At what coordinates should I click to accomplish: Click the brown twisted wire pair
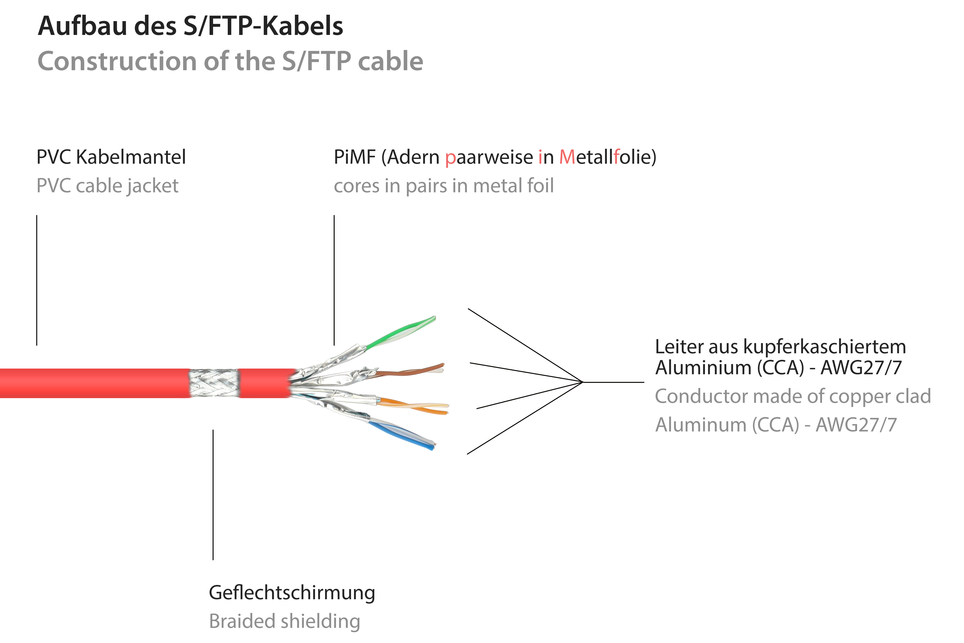[410, 371]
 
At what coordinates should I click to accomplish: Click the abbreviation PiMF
[355, 157]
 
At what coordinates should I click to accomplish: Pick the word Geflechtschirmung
[292, 593]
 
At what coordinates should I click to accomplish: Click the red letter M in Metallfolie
[567, 157]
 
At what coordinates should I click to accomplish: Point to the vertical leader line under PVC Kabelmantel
[37, 280]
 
